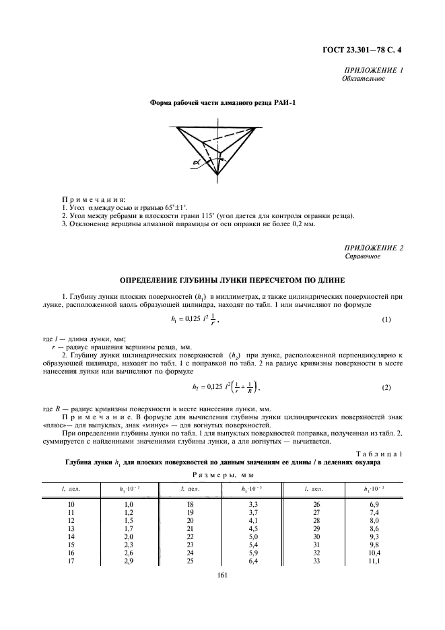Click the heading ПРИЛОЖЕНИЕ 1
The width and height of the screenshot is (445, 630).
click(374, 71)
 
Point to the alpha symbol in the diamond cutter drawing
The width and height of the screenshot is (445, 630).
click(195, 162)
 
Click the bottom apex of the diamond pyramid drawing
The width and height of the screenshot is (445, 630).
click(218, 176)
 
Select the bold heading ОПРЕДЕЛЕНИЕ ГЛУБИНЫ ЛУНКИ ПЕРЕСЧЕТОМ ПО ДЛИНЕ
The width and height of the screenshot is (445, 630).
click(222, 279)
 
